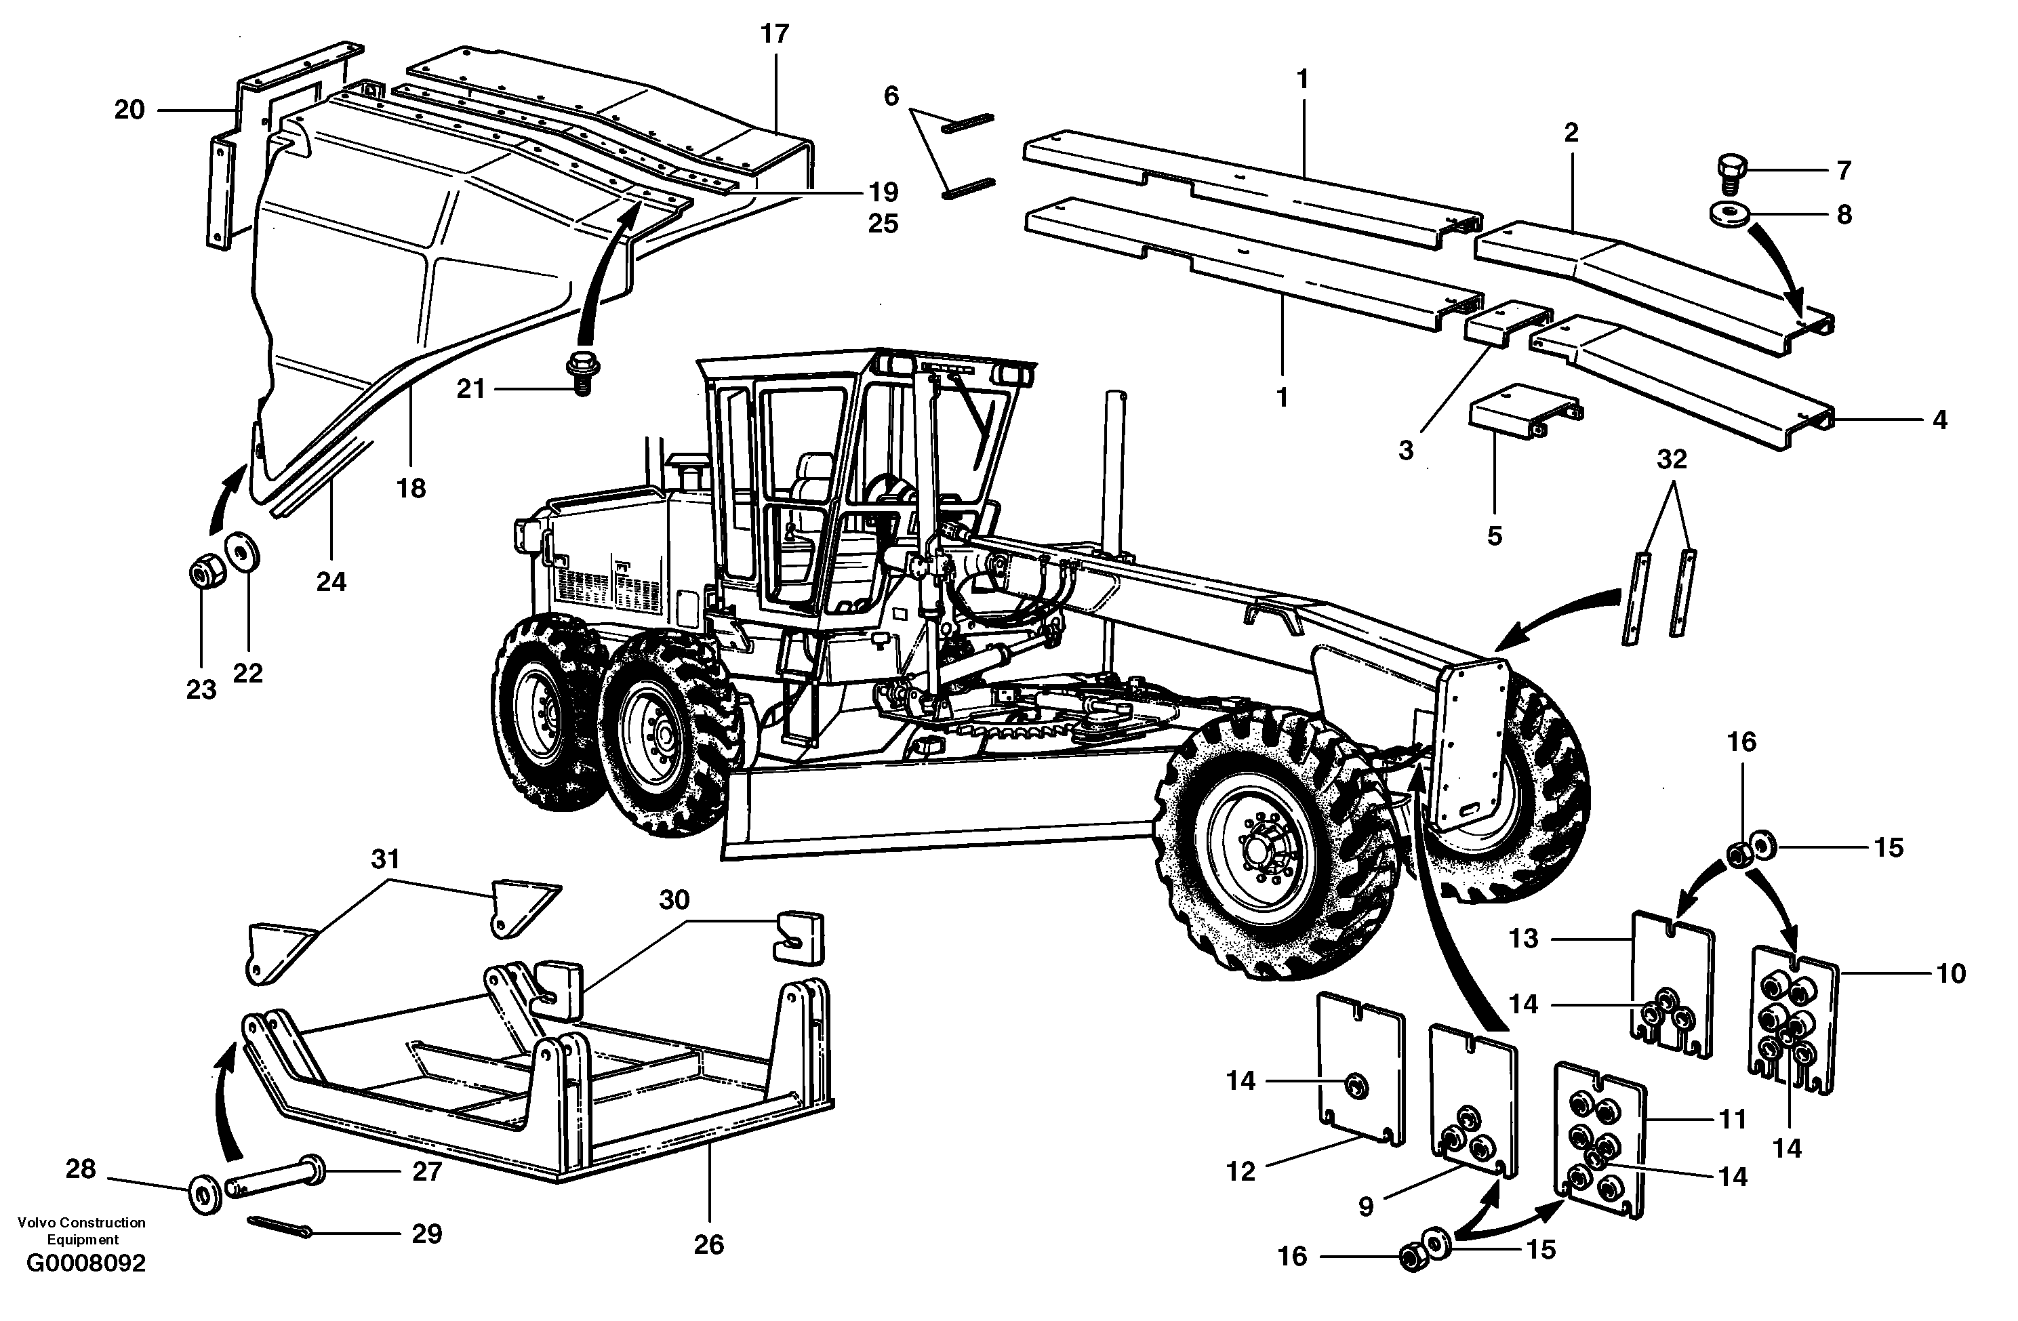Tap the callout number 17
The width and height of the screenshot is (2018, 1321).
click(x=774, y=34)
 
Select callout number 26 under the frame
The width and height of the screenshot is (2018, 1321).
click(x=709, y=1244)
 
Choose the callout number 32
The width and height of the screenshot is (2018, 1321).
click(x=1670, y=459)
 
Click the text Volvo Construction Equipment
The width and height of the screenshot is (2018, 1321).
click(x=81, y=1230)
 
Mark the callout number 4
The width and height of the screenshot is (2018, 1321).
click(x=1939, y=419)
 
